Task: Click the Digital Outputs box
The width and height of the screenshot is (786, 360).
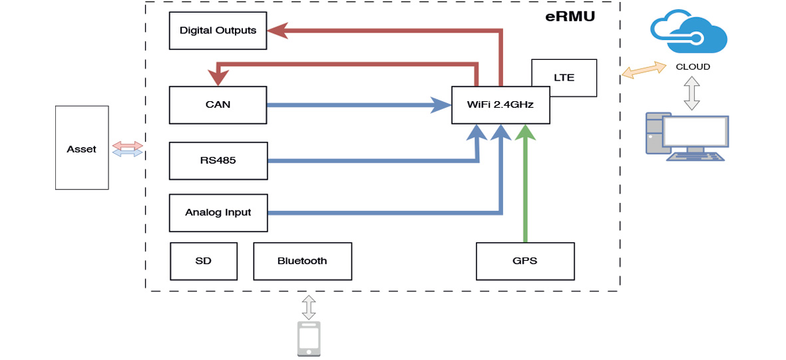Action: click(x=218, y=31)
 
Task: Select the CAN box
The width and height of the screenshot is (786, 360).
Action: click(x=218, y=105)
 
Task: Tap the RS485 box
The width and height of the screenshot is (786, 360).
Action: click(x=218, y=160)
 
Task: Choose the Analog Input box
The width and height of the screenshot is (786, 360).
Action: click(x=218, y=213)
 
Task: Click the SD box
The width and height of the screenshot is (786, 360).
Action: click(x=204, y=261)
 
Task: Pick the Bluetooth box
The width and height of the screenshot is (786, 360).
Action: click(x=302, y=261)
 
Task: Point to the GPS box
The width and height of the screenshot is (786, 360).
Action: click(x=525, y=261)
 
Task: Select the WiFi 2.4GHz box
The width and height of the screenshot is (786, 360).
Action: click(x=501, y=105)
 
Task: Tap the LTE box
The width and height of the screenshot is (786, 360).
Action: click(x=564, y=78)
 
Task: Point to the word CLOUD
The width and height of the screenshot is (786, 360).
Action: click(x=693, y=67)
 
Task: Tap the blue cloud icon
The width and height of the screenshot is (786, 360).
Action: click(x=689, y=32)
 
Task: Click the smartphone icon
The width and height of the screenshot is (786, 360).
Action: click(x=308, y=339)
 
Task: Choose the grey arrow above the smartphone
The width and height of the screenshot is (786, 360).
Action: click(x=308, y=307)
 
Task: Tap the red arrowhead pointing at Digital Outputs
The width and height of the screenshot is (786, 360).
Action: click(x=277, y=31)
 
